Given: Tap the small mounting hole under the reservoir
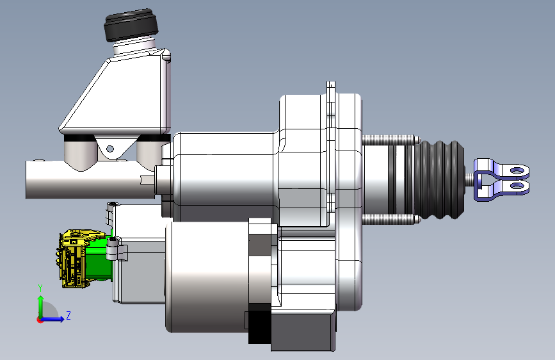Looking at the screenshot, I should [110, 149].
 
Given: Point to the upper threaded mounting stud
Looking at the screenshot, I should [390, 139].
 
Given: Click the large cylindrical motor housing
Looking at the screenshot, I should [205, 275].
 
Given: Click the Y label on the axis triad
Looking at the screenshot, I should [40, 288].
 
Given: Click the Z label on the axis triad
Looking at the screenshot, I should [68, 316].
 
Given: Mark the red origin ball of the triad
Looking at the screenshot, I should [40, 319].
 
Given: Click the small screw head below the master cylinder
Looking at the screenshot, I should [113, 205].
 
